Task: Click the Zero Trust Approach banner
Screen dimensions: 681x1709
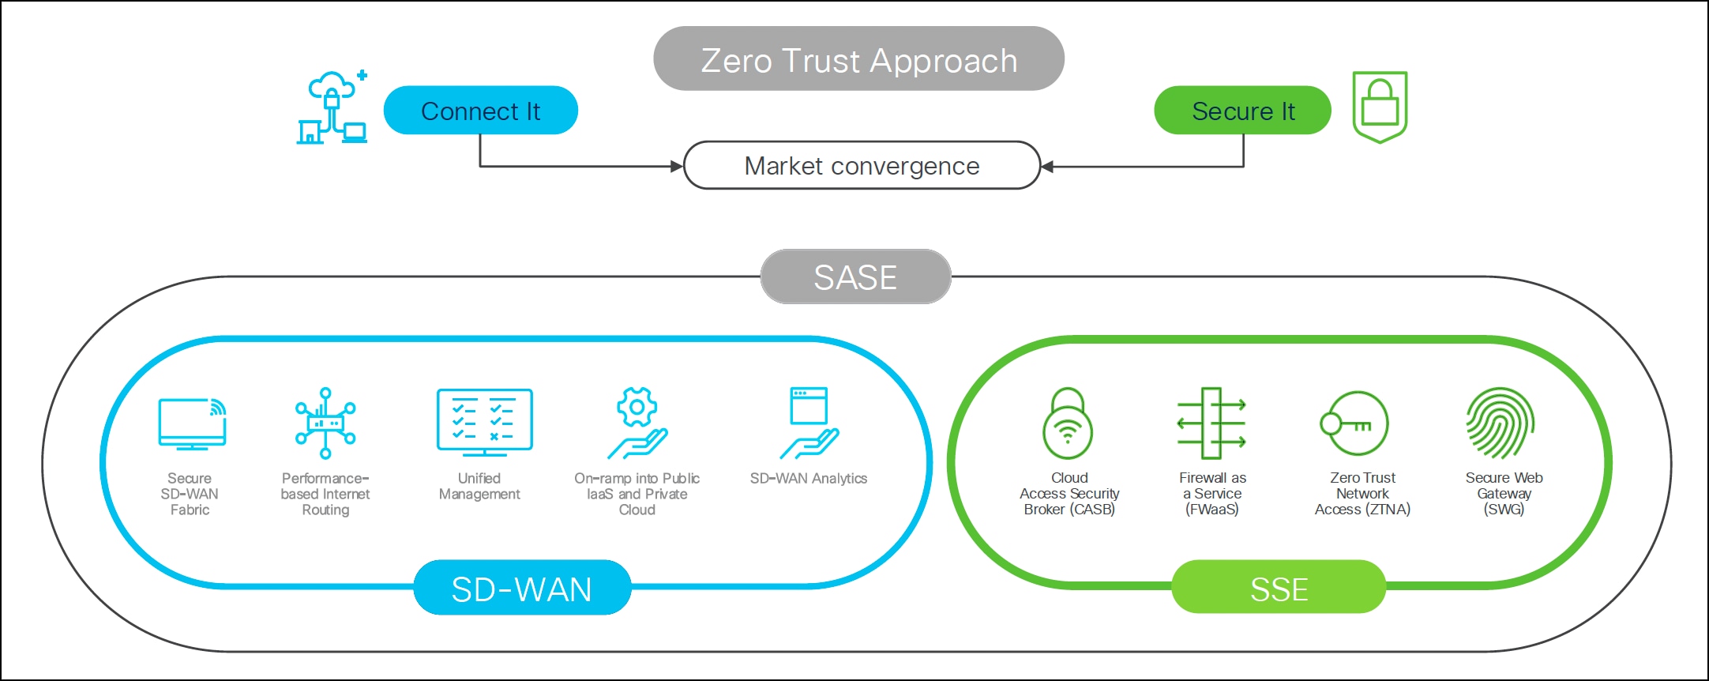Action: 858,59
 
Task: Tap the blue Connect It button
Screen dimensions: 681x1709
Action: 480,111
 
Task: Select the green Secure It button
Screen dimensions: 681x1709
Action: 1242,111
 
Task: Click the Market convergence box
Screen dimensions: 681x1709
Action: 862,166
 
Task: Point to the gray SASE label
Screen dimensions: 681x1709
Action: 855,277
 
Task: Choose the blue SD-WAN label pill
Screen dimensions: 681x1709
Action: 522,589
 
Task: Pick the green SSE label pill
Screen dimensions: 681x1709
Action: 1279,589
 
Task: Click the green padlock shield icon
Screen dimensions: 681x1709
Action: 1380,107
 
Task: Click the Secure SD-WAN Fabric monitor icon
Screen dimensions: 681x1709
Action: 192,424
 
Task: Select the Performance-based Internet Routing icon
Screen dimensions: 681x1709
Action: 325,423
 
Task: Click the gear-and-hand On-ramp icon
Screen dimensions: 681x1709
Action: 637,423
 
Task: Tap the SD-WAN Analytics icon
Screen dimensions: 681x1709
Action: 809,423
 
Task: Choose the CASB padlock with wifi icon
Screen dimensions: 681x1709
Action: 1068,423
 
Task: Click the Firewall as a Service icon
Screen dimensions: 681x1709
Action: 1211,423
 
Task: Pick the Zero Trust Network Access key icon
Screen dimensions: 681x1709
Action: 1355,423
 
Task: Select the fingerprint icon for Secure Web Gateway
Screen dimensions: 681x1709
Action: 1500,423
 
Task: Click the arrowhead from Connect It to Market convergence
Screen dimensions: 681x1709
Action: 677,167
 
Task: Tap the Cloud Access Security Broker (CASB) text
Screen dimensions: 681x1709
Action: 1069,494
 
